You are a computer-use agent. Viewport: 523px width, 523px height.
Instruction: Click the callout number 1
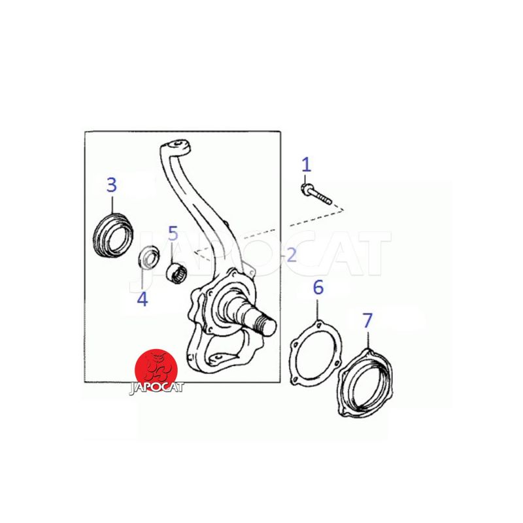point(306,165)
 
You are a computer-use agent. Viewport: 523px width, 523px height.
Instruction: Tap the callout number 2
point(292,255)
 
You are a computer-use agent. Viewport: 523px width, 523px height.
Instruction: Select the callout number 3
point(112,185)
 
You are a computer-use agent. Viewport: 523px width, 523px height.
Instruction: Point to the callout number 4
point(143,299)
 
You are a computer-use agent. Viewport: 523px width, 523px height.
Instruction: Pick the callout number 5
point(173,233)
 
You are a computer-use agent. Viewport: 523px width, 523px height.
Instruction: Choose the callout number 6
point(318,287)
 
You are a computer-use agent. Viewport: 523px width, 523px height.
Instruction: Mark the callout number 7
point(367,320)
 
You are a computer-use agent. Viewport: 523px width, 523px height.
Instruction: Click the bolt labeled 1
point(316,194)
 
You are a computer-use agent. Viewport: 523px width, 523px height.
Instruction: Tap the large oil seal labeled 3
point(112,235)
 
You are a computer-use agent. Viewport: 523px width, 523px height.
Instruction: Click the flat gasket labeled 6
point(316,353)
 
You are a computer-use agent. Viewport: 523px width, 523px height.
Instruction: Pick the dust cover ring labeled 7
point(365,383)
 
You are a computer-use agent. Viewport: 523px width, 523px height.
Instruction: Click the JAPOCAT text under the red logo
point(156,388)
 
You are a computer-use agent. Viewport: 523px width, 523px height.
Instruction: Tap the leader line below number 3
point(112,205)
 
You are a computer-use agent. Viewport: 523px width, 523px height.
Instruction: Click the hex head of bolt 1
point(305,188)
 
